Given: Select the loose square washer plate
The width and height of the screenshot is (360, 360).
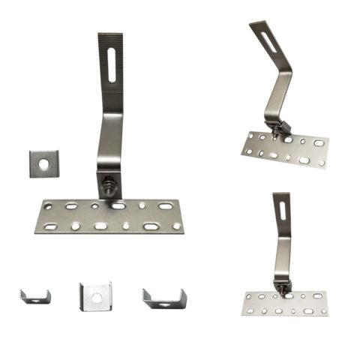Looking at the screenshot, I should pos(43,163).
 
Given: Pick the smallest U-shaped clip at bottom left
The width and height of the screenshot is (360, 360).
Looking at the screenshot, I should pos(35,297).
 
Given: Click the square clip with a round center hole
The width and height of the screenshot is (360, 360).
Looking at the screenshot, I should pos(94,296).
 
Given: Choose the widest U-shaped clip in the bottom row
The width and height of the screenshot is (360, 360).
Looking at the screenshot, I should pos(163,299).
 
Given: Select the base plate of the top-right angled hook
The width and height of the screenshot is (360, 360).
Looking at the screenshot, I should pos(286,151).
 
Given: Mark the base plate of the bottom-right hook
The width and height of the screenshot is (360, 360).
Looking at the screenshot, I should pos(285,302).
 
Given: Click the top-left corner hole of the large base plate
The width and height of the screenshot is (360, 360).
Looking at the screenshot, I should pos(48,205).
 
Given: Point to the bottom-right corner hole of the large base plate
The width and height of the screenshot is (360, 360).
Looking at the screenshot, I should pos(176,226).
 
